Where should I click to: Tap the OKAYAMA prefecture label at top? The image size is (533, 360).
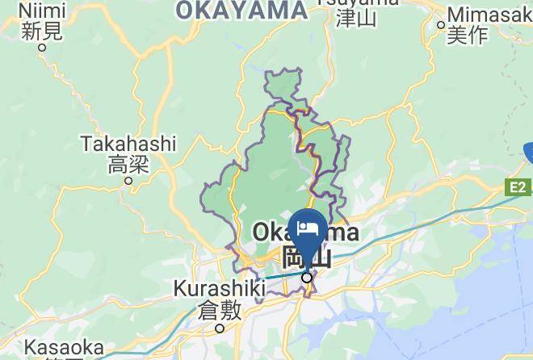coord(241,10)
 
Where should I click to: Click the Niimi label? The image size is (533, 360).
coord(42,10)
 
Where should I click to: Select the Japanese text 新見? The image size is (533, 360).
coord(42,31)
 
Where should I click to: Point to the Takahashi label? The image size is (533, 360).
coord(128,144)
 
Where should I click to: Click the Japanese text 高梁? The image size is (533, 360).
coord(128,165)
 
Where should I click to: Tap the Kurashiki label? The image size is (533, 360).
coord(220,288)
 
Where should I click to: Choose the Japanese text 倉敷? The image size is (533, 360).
coord(220,309)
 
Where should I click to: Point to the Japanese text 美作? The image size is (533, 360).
coord(468,35)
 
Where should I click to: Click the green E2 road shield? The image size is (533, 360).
coord(518,188)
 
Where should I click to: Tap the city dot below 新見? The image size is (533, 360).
coord(42,47)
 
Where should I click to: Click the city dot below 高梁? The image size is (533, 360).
coord(128,181)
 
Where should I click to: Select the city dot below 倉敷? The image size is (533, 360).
coord(220,328)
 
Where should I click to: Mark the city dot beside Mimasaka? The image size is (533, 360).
coord(441,24)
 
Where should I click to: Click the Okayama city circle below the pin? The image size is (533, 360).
coord(307,278)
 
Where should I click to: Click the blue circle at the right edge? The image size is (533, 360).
coord(529,152)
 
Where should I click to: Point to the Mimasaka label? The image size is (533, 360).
coord(489,15)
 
